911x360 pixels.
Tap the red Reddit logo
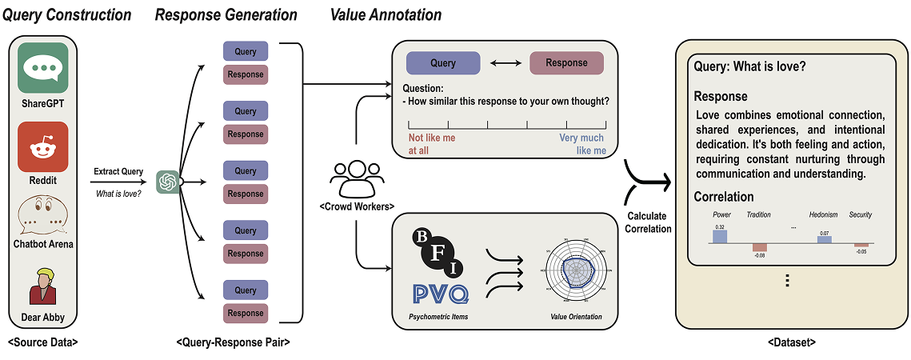(42, 146)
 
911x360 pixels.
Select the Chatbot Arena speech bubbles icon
(42, 214)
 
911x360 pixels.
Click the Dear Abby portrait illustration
(42, 286)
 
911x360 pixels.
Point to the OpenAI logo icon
(167, 182)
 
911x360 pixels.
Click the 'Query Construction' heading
(67, 14)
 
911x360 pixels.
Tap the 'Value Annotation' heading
(385, 14)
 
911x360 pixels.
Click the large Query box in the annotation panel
(442, 63)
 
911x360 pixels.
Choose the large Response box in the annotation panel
(566, 63)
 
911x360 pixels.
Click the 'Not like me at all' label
(432, 144)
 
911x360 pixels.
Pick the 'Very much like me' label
(582, 144)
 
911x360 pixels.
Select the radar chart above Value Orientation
(574, 273)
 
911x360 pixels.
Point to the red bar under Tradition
(758, 247)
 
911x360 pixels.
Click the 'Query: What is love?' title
(750, 67)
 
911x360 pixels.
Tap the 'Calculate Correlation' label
(647, 222)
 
